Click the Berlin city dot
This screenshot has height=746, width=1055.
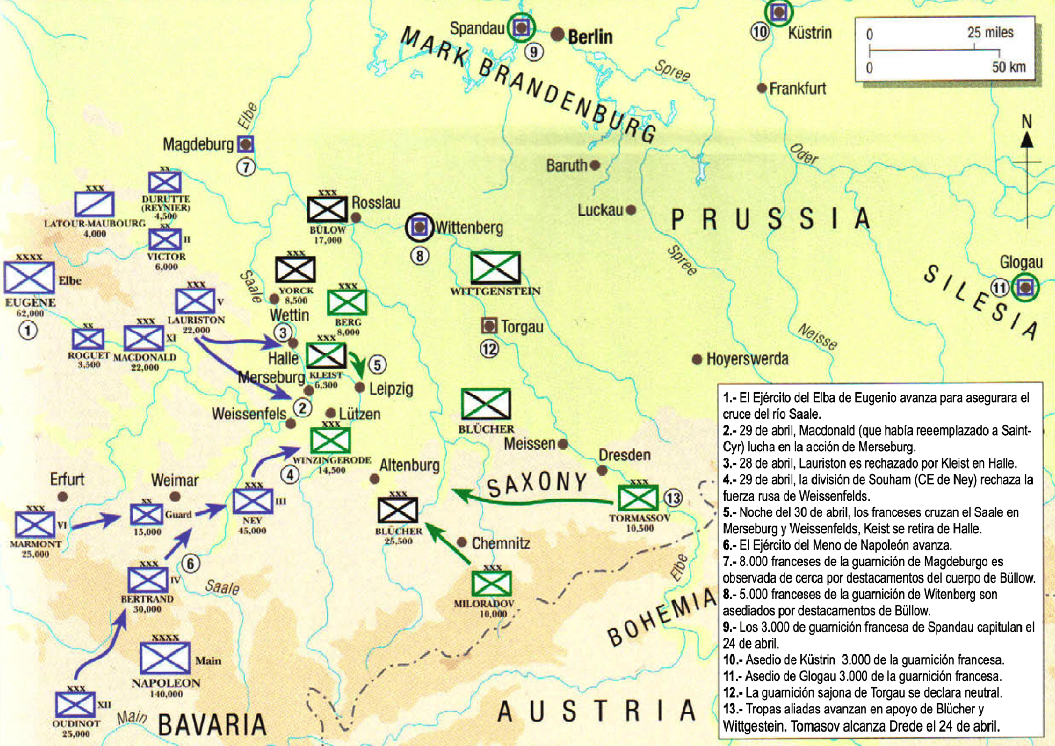coord(558,35)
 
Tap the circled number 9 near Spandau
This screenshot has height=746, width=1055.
coord(533,52)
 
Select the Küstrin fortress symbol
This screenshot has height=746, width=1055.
coord(778,12)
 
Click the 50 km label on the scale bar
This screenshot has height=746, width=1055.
coord(1009,67)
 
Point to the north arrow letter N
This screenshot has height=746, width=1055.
coord(1026,122)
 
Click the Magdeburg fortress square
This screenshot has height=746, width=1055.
coord(246,144)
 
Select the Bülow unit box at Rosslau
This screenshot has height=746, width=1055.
coord(327,209)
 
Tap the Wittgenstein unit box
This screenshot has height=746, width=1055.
coord(495,267)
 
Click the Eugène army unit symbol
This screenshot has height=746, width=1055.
coord(29,277)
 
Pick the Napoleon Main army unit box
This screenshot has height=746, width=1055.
coord(165,658)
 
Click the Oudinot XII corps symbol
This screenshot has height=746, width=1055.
coord(75,705)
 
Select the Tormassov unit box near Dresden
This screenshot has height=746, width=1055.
coord(638,498)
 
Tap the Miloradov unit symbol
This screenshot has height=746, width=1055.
coord(491,583)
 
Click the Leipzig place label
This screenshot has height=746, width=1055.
coord(391,389)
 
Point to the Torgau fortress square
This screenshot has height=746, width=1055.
coord(489,326)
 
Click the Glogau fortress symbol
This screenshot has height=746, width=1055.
coord(1025,287)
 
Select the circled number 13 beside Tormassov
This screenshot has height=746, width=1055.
coord(673,498)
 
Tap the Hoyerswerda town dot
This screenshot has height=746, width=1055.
coord(697,359)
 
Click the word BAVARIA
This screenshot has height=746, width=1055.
coord(212,724)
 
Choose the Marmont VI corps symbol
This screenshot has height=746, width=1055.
coord(34,525)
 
